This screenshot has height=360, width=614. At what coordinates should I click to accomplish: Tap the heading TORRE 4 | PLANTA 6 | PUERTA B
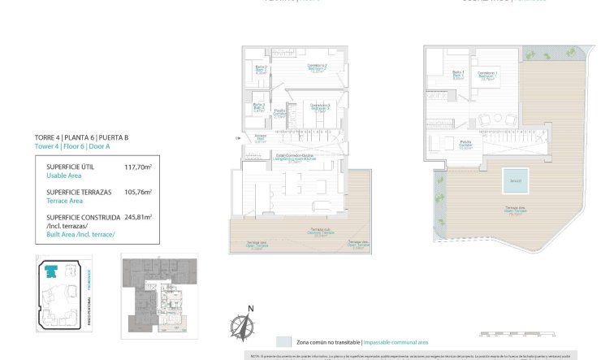[x=81, y=137]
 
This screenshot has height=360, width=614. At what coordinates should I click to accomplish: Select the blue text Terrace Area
[x=65, y=200]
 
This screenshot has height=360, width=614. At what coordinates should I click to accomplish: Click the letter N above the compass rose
[x=251, y=308]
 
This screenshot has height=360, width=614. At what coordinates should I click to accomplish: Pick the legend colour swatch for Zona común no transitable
[x=283, y=342]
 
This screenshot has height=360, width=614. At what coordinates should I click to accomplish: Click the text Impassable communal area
[x=396, y=342]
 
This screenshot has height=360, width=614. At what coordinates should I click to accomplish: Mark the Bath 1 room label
[x=458, y=74]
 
